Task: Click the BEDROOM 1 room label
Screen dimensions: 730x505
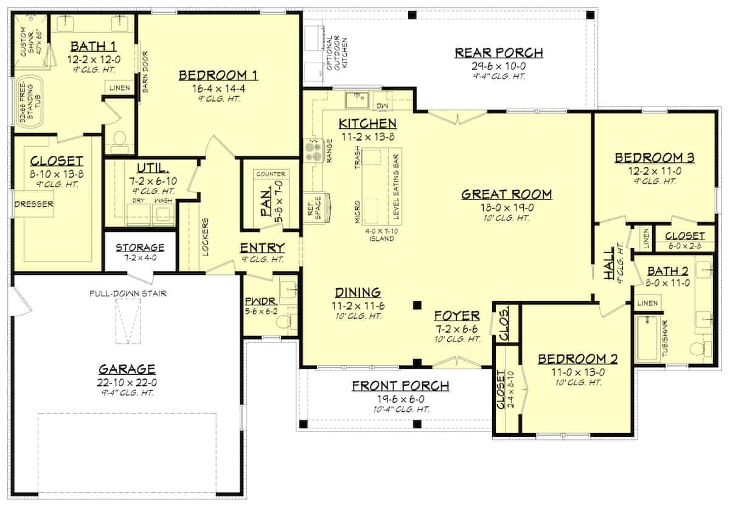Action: [x=218, y=75]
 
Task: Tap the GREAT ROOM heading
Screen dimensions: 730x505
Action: [x=507, y=194]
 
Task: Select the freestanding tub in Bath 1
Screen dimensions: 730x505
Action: [x=29, y=102]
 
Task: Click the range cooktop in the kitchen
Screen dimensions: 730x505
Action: [x=313, y=150]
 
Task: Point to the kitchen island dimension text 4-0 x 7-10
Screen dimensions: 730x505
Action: [x=381, y=231]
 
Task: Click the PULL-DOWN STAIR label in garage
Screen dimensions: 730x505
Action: [x=128, y=293]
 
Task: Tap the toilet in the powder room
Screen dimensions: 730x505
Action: [x=286, y=321]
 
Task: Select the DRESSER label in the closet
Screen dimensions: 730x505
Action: [x=34, y=204]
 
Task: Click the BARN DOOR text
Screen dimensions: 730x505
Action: [x=145, y=72]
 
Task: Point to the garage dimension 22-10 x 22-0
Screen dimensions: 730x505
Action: [x=127, y=383]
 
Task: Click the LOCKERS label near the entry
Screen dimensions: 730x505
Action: [x=206, y=237]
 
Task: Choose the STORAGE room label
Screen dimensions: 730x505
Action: [x=140, y=248]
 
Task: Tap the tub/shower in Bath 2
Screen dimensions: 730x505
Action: [x=647, y=339]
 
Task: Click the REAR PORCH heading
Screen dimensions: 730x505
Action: [x=499, y=52]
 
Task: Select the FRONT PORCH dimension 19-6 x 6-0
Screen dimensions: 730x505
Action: [x=401, y=399]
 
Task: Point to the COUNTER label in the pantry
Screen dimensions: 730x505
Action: [x=271, y=174]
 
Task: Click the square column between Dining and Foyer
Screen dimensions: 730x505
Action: [x=417, y=305]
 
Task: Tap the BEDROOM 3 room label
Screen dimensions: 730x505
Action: [x=655, y=158]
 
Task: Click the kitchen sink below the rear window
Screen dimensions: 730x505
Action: [x=357, y=100]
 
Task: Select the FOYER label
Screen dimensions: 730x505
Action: [x=457, y=316]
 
